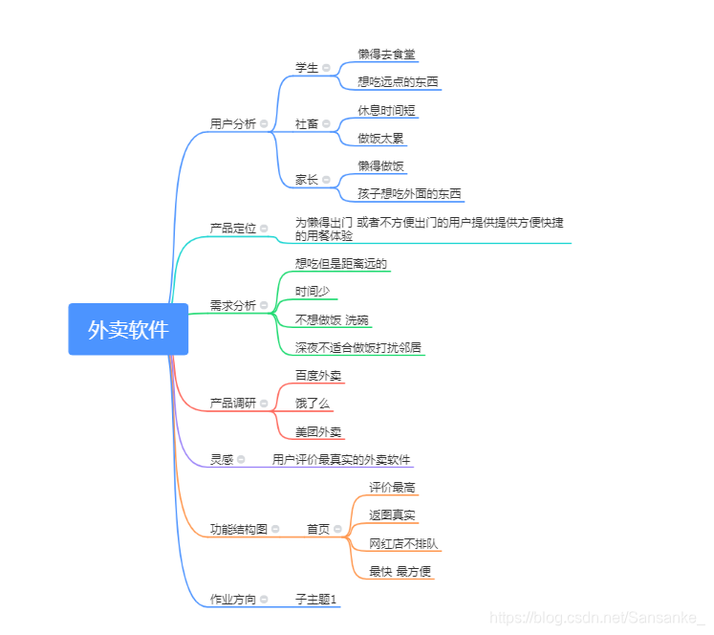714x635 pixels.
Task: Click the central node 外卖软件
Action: pyautogui.click(x=128, y=330)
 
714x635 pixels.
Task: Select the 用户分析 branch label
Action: pyautogui.click(x=232, y=123)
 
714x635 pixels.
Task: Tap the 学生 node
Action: pyautogui.click(x=306, y=68)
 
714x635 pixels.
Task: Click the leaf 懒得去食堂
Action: pyautogui.click(x=386, y=55)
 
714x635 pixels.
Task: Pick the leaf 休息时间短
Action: pyautogui.click(x=387, y=110)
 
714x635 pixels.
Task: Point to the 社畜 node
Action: pyautogui.click(x=306, y=124)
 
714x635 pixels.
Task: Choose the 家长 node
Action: pyautogui.click(x=306, y=180)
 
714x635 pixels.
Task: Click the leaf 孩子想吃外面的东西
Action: pyautogui.click(x=409, y=193)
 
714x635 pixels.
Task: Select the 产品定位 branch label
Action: pyautogui.click(x=232, y=228)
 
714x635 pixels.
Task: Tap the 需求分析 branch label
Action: pyautogui.click(x=232, y=306)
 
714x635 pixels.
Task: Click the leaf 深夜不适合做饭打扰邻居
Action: pyautogui.click(x=357, y=347)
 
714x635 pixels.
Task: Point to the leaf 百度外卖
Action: pyautogui.click(x=318, y=376)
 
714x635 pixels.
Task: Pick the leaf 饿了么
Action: pyautogui.click(x=313, y=404)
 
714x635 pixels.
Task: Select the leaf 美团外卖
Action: pyautogui.click(x=318, y=432)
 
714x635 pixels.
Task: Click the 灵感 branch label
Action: pyautogui.click(x=221, y=459)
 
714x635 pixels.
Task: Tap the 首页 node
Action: pyautogui.click(x=317, y=529)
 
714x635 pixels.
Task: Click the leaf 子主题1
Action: pyautogui.click(x=316, y=600)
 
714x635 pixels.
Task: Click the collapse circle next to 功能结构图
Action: pyautogui.click(x=275, y=529)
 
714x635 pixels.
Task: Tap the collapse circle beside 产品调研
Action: pyautogui.click(x=264, y=404)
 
